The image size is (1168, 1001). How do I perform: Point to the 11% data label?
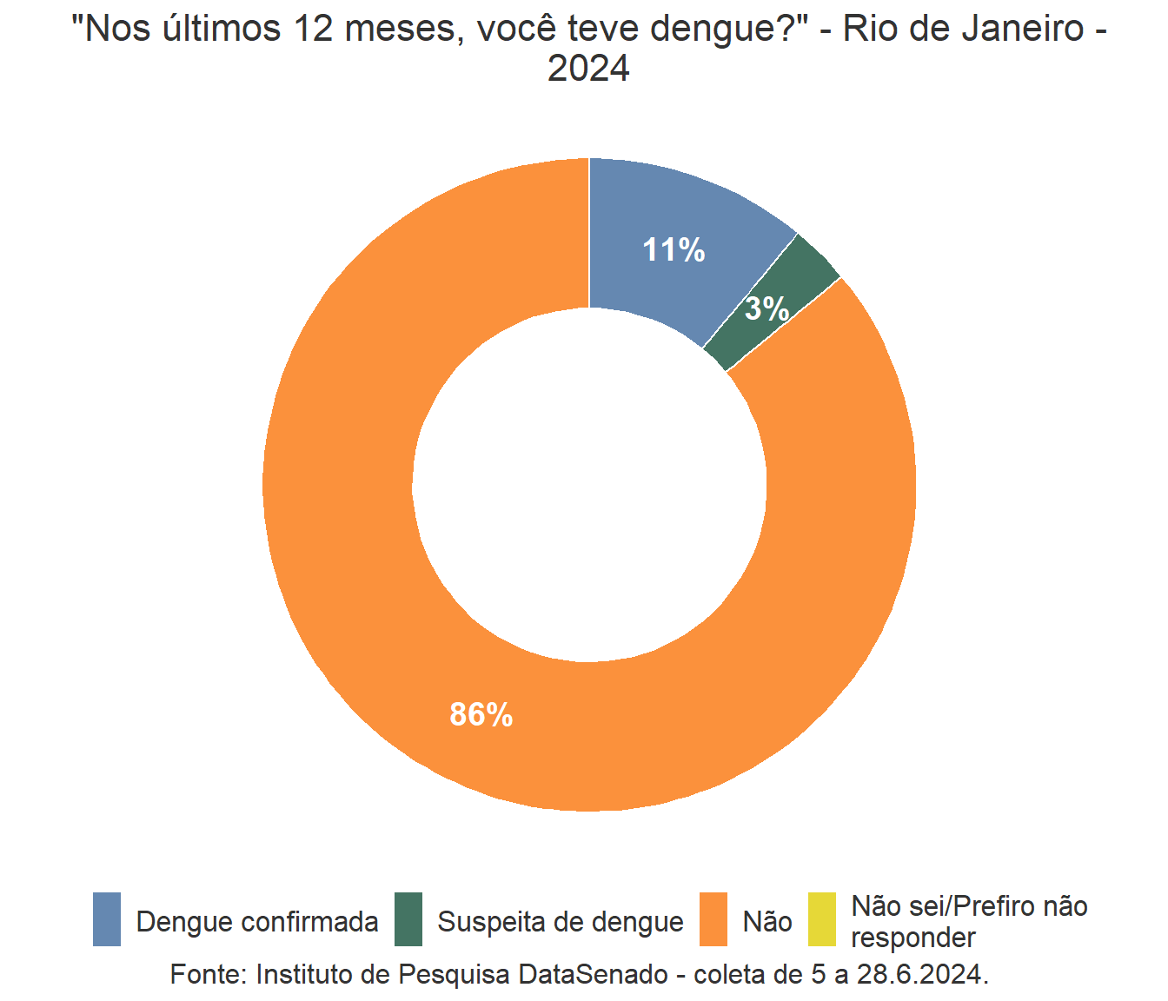point(674,250)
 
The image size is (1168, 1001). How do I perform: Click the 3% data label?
point(767,308)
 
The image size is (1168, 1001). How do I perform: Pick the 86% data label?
point(481,714)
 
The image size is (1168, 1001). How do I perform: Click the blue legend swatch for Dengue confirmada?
point(107,919)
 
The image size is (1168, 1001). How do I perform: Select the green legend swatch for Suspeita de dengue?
point(408,919)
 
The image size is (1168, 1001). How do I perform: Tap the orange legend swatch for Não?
point(713,919)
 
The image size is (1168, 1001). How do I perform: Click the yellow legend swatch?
point(821,919)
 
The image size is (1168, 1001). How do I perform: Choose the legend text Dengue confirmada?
point(257,922)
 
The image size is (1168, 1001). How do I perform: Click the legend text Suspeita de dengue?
point(561,922)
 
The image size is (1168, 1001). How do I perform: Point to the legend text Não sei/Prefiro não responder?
point(969,922)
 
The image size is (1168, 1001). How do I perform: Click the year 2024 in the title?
point(588,69)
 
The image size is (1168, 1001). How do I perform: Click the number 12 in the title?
point(312,29)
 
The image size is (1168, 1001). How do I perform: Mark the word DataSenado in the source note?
point(594,974)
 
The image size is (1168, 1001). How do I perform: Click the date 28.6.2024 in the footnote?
point(922,974)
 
